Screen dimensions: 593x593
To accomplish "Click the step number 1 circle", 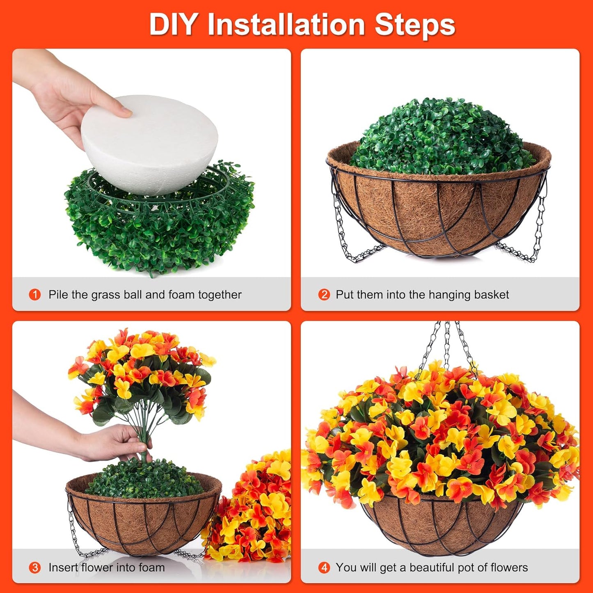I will coord(35,295).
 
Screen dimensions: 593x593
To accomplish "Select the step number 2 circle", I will coord(324,295).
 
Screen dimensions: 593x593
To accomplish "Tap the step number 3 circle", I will coord(35,568).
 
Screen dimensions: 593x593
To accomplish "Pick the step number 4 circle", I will coord(324,568).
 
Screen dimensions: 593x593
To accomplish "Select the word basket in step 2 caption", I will coord(491,295).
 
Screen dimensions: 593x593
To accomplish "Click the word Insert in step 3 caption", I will coord(63,568).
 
